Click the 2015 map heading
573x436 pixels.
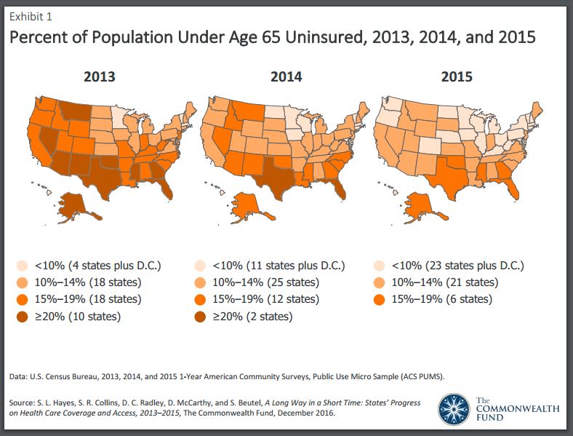point(457,76)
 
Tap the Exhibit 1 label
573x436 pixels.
point(31,16)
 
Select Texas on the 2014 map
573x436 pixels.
point(274,173)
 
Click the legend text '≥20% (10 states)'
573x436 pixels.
point(79,316)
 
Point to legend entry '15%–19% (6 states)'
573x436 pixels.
point(439,299)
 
